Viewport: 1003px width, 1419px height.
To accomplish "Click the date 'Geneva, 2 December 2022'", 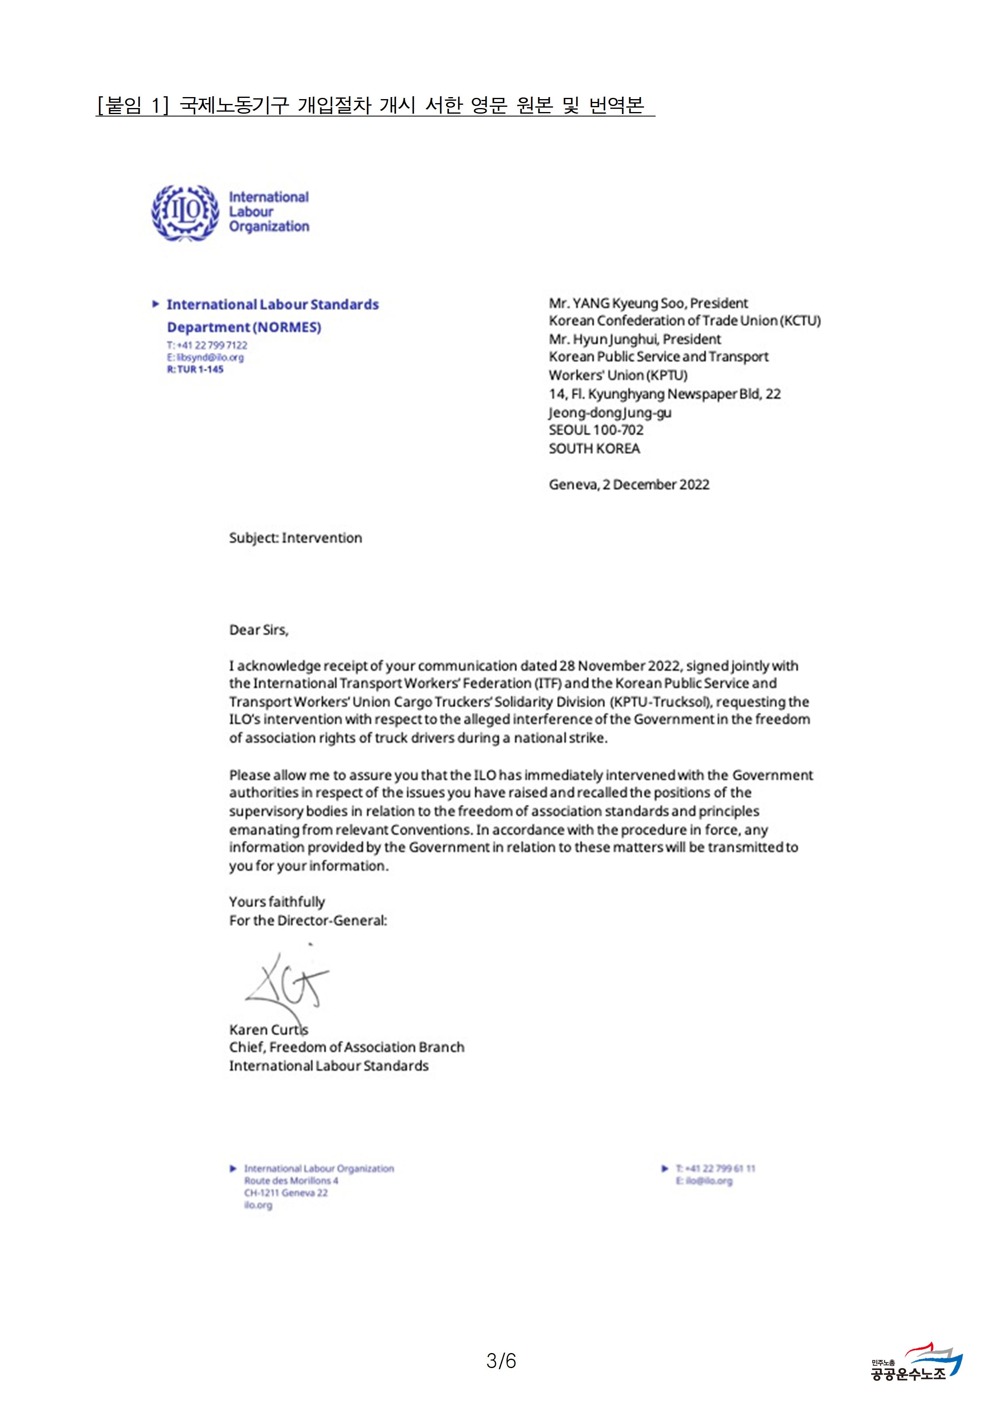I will click(x=628, y=485).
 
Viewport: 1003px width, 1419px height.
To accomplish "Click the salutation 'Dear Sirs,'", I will click(x=258, y=630).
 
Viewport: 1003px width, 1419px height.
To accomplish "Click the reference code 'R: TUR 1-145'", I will click(x=195, y=369).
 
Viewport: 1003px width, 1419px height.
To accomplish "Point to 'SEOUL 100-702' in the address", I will click(x=596, y=430).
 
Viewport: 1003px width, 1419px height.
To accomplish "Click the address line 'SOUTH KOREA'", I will click(x=594, y=449).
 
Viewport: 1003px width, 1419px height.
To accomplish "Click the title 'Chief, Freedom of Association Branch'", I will click(x=346, y=1047).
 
